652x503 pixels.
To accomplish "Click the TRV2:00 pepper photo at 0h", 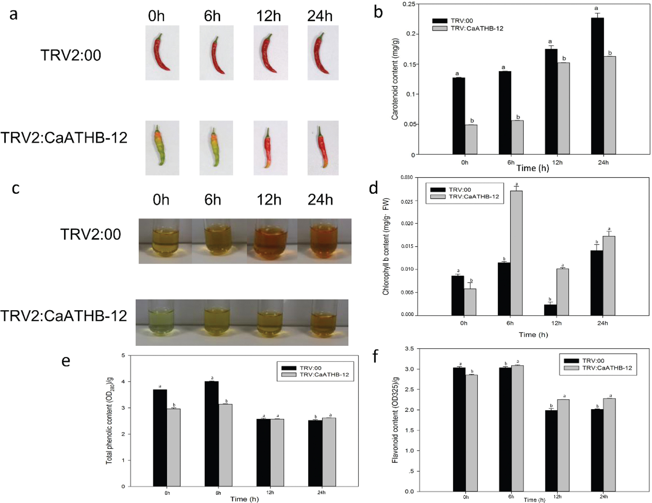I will pos(162,53).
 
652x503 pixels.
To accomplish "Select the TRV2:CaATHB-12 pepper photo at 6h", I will pos(216,148).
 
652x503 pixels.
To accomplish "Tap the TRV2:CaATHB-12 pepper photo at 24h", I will pos(323,148).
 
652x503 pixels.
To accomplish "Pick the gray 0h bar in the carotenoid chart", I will pos(471,139).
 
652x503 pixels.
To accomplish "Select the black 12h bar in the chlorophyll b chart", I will pos(550,310).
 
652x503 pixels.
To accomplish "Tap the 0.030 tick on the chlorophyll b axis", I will pos(407,177).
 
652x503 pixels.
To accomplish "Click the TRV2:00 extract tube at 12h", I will pos(270,241).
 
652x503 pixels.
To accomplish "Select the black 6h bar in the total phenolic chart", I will pos(212,434).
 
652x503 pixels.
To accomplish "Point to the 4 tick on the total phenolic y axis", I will pos(123,382).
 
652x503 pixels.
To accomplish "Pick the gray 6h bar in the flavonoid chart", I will pos(517,428).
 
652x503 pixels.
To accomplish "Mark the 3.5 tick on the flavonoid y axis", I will pos(409,348).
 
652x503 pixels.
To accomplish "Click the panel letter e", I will pos(65,361).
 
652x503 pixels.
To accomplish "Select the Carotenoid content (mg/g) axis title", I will pos(395,79).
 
